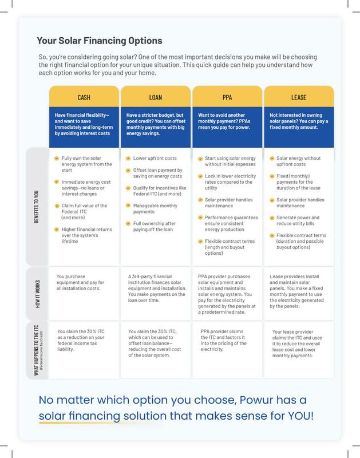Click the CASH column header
(x=84, y=97)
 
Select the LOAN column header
(x=156, y=97)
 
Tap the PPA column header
(x=227, y=97)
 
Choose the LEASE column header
(x=299, y=97)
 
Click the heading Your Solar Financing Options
(x=100, y=41)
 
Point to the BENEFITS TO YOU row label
(x=36, y=207)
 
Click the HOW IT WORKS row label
(x=38, y=294)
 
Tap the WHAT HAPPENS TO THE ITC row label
(x=36, y=350)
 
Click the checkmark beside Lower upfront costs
(x=128, y=159)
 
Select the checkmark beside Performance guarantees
(x=200, y=218)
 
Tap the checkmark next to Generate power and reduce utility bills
(x=272, y=218)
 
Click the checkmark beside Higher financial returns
(x=57, y=230)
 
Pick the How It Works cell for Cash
(x=84, y=293)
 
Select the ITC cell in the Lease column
(x=299, y=350)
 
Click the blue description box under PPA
(x=227, y=127)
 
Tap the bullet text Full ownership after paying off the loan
(x=155, y=226)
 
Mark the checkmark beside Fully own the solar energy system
(x=57, y=159)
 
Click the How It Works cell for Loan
(x=156, y=293)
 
